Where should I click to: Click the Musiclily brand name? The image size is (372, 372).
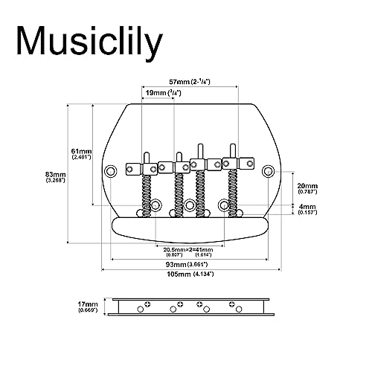pos(89,42)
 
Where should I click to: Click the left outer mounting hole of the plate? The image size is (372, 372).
pos(110,171)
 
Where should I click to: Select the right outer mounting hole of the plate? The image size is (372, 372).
pos(268,171)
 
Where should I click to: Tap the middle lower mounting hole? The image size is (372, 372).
pos(190,205)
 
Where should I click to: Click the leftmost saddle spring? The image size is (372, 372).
pos(147,196)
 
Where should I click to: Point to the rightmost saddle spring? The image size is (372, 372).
pos(233,193)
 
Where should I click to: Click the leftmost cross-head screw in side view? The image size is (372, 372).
pos(148,304)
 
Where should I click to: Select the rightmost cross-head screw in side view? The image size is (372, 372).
pos(232,304)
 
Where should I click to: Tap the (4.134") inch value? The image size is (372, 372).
pos(204,274)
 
